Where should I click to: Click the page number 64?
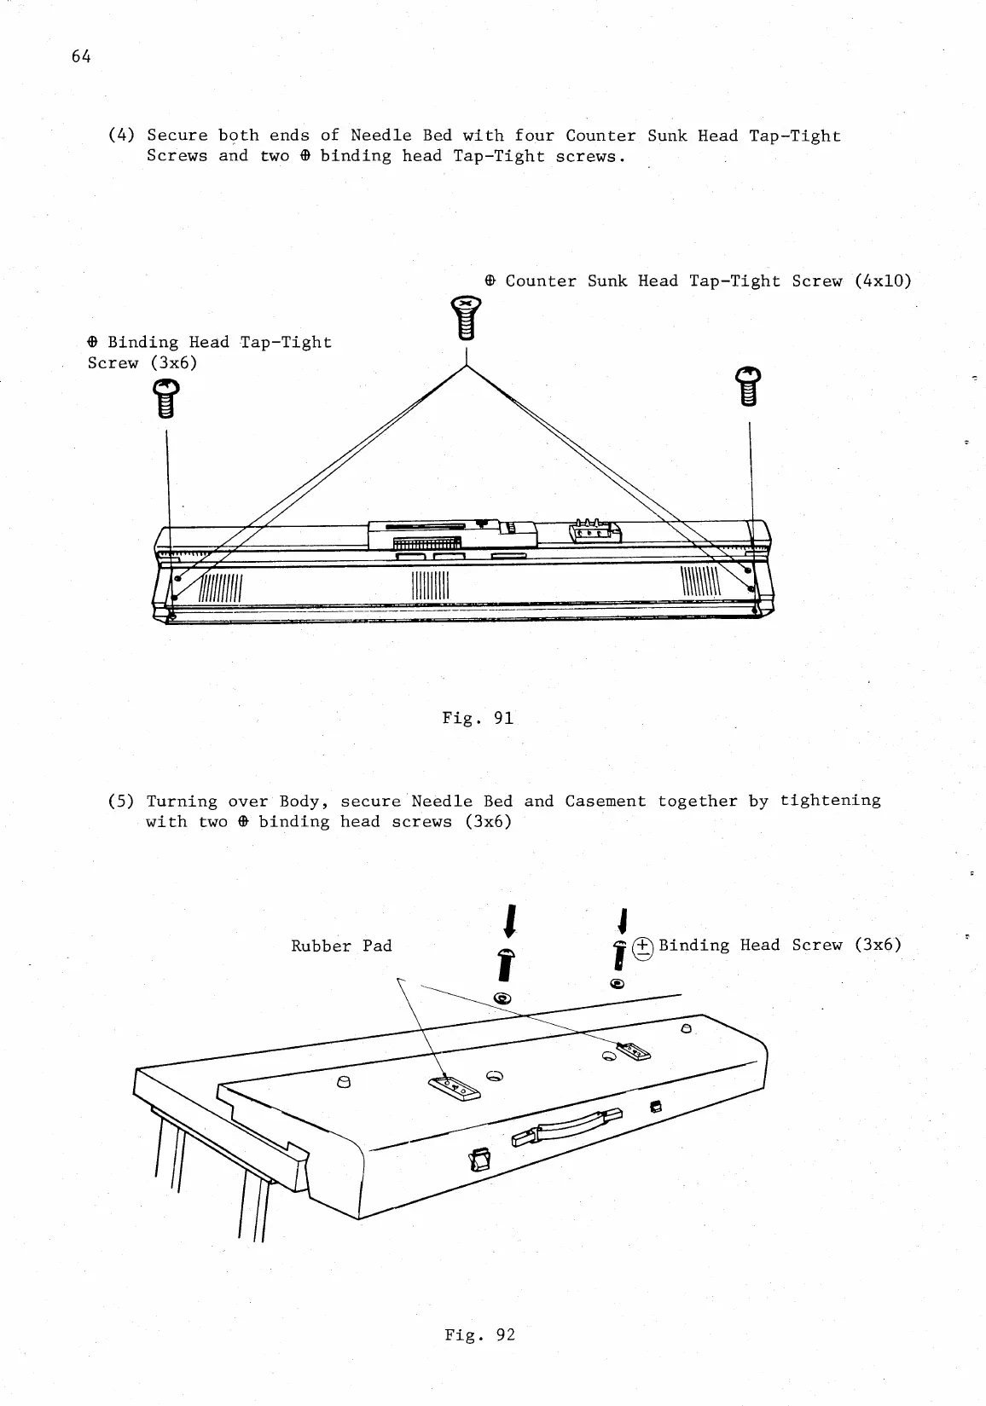[x=81, y=56]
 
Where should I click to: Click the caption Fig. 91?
[x=478, y=718]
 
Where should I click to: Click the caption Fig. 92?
[x=479, y=1334]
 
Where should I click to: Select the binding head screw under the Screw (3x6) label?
[x=165, y=399]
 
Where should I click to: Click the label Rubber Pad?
[x=341, y=946]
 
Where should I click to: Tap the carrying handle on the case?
[x=568, y=1128]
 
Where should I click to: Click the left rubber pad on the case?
[x=453, y=1087]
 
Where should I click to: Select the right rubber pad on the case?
[x=632, y=1050]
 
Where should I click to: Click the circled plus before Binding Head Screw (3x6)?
[x=642, y=946]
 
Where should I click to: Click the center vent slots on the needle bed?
[x=430, y=585]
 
